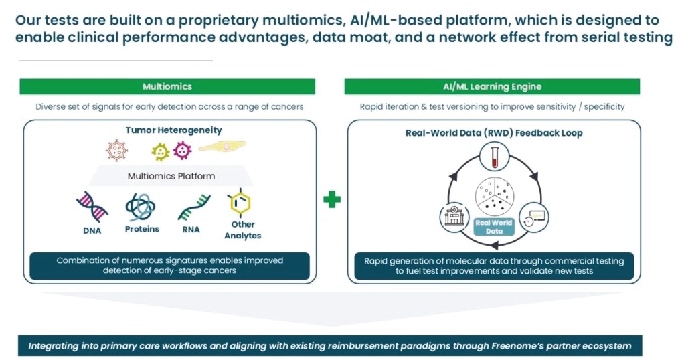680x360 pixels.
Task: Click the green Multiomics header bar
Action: [167, 86]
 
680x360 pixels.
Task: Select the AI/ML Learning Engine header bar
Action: [492, 86]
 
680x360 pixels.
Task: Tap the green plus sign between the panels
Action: [332, 199]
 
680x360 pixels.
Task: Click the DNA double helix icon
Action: [92, 207]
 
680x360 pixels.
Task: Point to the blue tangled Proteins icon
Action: [141, 207]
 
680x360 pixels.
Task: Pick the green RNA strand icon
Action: [194, 207]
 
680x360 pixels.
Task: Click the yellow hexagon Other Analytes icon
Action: [240, 202]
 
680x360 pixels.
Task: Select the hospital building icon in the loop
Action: [454, 216]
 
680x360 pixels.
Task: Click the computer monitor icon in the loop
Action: [534, 217]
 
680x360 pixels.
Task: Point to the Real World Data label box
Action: [494, 226]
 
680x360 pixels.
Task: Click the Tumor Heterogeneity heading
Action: [173, 130]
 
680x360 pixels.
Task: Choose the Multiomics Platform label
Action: [171, 176]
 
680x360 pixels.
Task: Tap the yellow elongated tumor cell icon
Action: [222, 146]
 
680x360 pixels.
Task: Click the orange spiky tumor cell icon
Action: [116, 150]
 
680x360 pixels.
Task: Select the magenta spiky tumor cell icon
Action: [182, 151]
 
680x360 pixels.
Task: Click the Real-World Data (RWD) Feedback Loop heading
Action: [494, 133]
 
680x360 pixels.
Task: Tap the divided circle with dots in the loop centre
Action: [495, 195]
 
